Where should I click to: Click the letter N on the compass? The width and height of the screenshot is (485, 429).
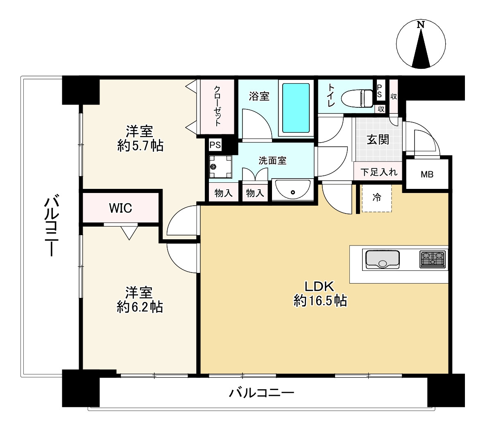(x=420, y=25)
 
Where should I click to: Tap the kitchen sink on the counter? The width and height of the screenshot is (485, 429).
(x=382, y=259)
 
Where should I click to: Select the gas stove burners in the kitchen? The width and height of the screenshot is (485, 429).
(x=433, y=259)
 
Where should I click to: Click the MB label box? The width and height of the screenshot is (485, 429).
(x=427, y=174)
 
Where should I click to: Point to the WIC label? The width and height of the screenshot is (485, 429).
(x=120, y=208)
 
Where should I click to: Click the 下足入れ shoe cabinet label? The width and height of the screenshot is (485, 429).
(x=378, y=172)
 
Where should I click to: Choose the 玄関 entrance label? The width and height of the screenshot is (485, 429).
(x=378, y=140)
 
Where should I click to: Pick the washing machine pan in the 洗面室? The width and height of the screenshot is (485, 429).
(x=220, y=166)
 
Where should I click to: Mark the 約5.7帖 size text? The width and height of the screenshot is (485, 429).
(x=140, y=145)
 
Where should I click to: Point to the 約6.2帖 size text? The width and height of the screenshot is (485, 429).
(x=140, y=306)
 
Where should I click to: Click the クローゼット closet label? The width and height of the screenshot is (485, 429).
(x=217, y=106)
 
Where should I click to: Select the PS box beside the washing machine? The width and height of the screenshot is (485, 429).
(x=215, y=145)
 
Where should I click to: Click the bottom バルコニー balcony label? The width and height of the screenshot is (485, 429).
(x=261, y=394)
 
